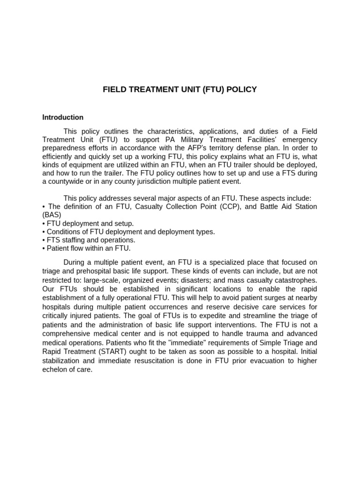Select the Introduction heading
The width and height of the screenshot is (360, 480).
63,117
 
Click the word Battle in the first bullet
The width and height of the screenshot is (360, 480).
265,207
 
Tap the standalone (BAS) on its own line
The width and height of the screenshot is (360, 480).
52,215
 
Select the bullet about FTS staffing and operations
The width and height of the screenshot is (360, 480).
91,240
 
